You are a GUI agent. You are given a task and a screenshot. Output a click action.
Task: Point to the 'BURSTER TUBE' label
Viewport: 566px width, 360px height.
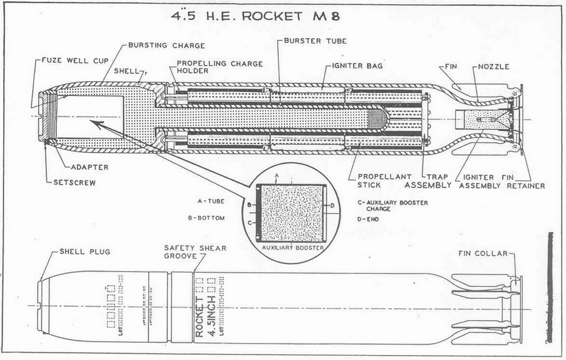click(316, 41)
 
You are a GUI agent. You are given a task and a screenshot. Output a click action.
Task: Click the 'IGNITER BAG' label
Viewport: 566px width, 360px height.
click(357, 65)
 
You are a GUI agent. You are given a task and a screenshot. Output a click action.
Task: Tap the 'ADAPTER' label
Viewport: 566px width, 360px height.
click(88, 167)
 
